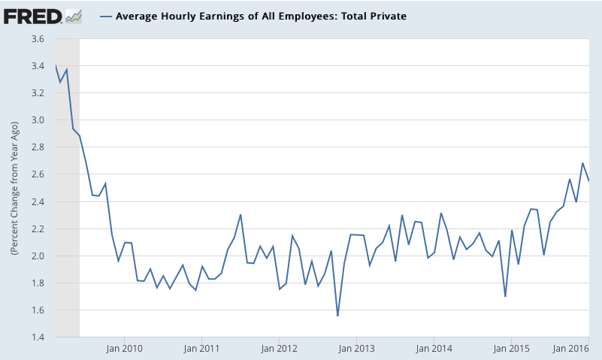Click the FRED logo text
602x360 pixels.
pyautogui.click(x=32, y=15)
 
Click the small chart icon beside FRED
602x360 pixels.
pyautogui.click(x=73, y=15)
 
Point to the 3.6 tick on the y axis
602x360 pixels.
pyautogui.click(x=38, y=39)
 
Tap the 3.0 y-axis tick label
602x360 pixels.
pyautogui.click(x=38, y=120)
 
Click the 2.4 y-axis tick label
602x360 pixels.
pyautogui.click(x=38, y=201)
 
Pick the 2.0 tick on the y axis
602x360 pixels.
pyautogui.click(x=38, y=256)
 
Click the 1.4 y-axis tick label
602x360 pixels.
pyautogui.click(x=38, y=337)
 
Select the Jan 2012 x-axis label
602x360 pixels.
pyautogui.click(x=278, y=348)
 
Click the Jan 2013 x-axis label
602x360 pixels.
pyautogui.click(x=355, y=348)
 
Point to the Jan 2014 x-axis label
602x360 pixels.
pyautogui.click(x=434, y=348)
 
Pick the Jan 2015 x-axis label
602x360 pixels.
pyautogui.click(x=511, y=348)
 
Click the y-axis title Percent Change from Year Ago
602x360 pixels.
pyautogui.click(x=14, y=188)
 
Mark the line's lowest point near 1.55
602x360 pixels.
pyautogui.click(x=337, y=316)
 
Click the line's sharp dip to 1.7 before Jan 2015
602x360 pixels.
pyautogui.click(x=505, y=296)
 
